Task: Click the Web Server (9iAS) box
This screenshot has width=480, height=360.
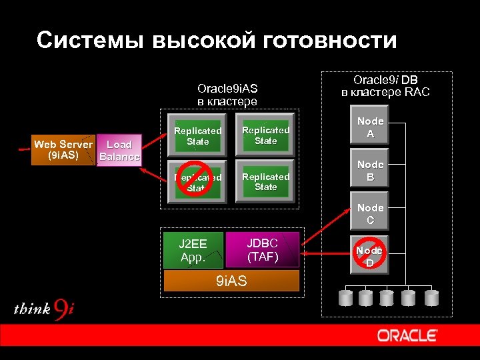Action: (x=64, y=150)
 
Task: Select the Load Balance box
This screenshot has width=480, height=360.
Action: (x=119, y=151)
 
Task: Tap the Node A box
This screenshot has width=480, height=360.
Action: (x=370, y=127)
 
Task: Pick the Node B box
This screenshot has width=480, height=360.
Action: (x=370, y=170)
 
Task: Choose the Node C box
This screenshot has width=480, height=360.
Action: (x=370, y=213)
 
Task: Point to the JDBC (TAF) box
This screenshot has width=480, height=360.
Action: (x=263, y=249)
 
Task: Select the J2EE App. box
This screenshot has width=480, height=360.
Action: (x=193, y=249)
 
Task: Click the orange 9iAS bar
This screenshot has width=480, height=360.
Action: (x=231, y=281)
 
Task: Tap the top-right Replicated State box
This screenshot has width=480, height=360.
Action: (x=265, y=135)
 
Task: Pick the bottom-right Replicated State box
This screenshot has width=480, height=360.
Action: (x=265, y=181)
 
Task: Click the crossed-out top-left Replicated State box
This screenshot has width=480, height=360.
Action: (x=198, y=136)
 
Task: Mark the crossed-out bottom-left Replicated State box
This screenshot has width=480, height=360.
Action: (x=198, y=181)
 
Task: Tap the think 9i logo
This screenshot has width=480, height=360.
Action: (x=44, y=309)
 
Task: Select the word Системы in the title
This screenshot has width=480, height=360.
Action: (x=89, y=41)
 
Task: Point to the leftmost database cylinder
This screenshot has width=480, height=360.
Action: (x=347, y=297)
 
